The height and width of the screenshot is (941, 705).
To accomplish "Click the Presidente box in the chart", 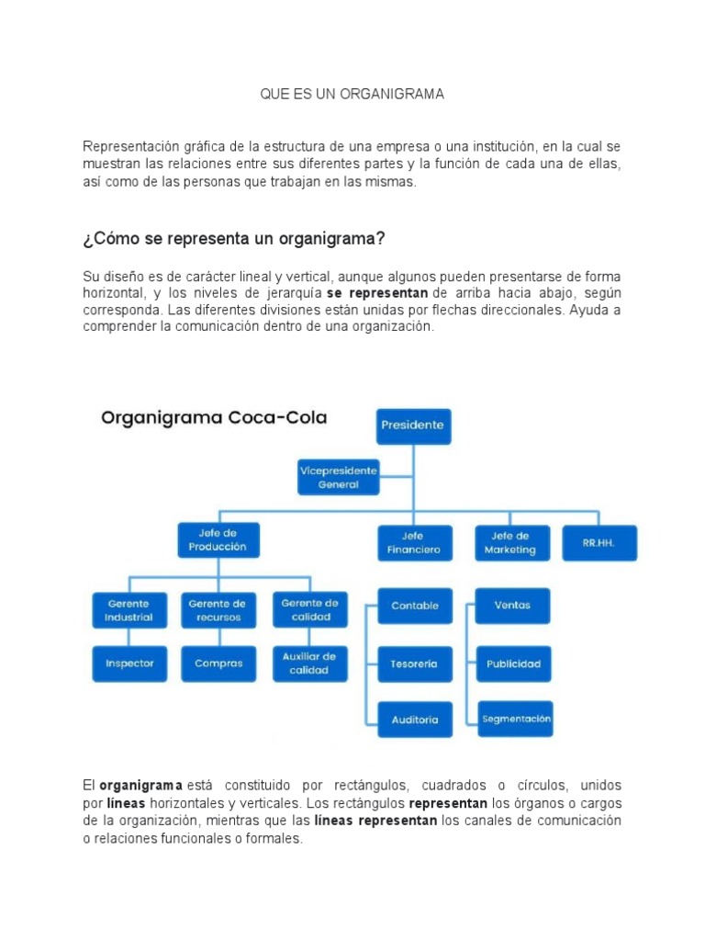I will coord(414,426).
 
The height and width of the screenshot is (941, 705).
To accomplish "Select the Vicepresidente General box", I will coord(338,476).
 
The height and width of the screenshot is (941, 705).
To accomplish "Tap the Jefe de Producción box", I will coord(218,540).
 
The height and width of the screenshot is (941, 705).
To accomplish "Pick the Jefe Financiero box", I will coord(414,543).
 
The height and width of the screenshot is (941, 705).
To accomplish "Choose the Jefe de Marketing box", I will coord(512,543).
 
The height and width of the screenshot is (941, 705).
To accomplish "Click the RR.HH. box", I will coord(599,543).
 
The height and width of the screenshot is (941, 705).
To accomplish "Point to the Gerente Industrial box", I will coord(129,610).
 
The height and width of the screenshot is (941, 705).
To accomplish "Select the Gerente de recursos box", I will coord(218,610).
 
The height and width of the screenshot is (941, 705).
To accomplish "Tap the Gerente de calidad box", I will coord(309,609).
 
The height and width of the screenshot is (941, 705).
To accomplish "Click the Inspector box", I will coord(129,663).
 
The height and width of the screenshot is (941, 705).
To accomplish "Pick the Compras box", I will coord(218,663).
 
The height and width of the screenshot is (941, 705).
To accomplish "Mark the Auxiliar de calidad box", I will coord(309,663).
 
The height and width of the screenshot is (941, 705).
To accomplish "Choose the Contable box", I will coord(415,607).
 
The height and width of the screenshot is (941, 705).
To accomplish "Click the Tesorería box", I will coord(415,663).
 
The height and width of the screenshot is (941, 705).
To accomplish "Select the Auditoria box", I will coord(415,720).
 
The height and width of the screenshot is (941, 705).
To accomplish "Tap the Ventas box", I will coord(512,607).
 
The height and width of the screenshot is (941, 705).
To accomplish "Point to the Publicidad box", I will coord(513,663).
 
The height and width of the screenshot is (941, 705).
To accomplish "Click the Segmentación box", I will coord(516,719).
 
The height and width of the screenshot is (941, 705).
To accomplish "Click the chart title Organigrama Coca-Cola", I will coord(214,418).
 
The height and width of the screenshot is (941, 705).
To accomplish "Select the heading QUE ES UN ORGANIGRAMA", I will coord(352,95).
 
